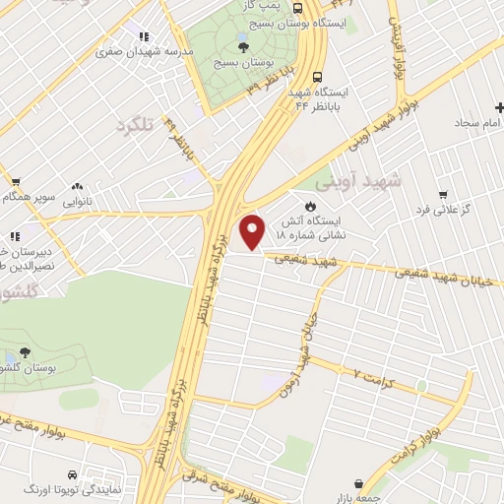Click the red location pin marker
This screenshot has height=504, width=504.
tap(254, 230)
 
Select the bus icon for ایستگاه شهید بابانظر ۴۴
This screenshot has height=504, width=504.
tap(316, 76)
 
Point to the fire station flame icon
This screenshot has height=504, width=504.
tap(310, 207)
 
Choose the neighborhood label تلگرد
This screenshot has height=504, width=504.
tap(137, 125)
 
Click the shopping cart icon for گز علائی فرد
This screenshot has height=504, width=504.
tap(443, 194)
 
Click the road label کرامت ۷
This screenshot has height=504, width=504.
tap(373, 374)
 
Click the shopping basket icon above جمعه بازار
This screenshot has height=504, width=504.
tap(358, 483)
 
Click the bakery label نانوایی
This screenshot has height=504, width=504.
tap(79, 201)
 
